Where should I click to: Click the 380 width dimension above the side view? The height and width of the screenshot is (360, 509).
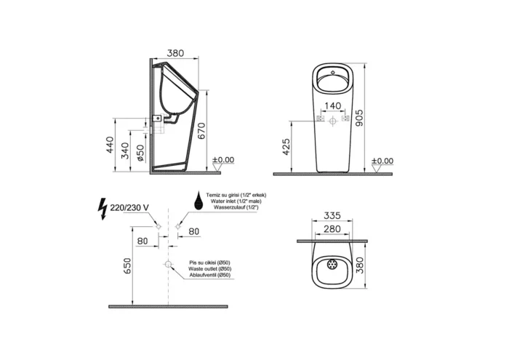[174, 53]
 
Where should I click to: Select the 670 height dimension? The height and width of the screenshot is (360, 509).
[212, 130]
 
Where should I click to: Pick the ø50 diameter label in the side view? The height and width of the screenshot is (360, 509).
[141, 153]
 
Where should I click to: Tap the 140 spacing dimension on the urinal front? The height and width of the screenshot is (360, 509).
[333, 105]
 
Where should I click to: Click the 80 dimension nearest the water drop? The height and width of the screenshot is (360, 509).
[194, 232]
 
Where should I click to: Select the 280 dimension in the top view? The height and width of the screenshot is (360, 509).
[332, 229]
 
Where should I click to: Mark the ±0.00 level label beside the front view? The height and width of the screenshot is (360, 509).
[383, 160]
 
